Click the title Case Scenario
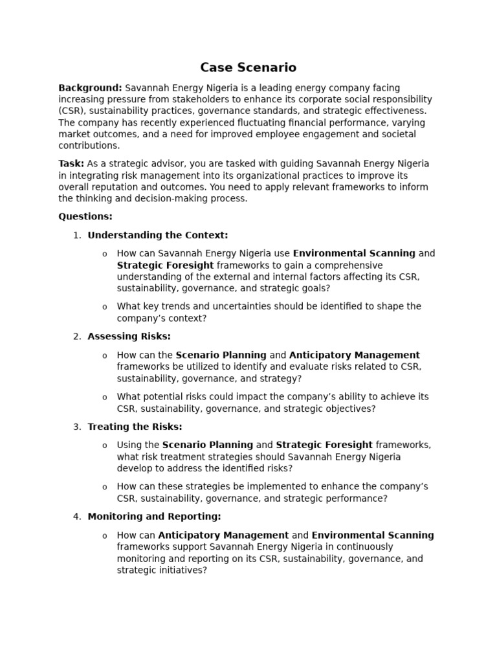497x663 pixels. pos(248,67)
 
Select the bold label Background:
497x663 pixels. pos(90,88)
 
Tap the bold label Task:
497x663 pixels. pos(71,164)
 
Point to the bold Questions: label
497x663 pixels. pos(85,217)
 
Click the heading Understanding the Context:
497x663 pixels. pos(158,236)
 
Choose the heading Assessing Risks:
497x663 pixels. pos(129,337)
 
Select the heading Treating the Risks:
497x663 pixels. pos(135,427)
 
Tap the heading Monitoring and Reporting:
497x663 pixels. pos(154,517)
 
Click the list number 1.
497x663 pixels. pos(76,236)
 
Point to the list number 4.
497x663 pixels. pos(76,517)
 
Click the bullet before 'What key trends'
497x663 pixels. pos(105,308)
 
